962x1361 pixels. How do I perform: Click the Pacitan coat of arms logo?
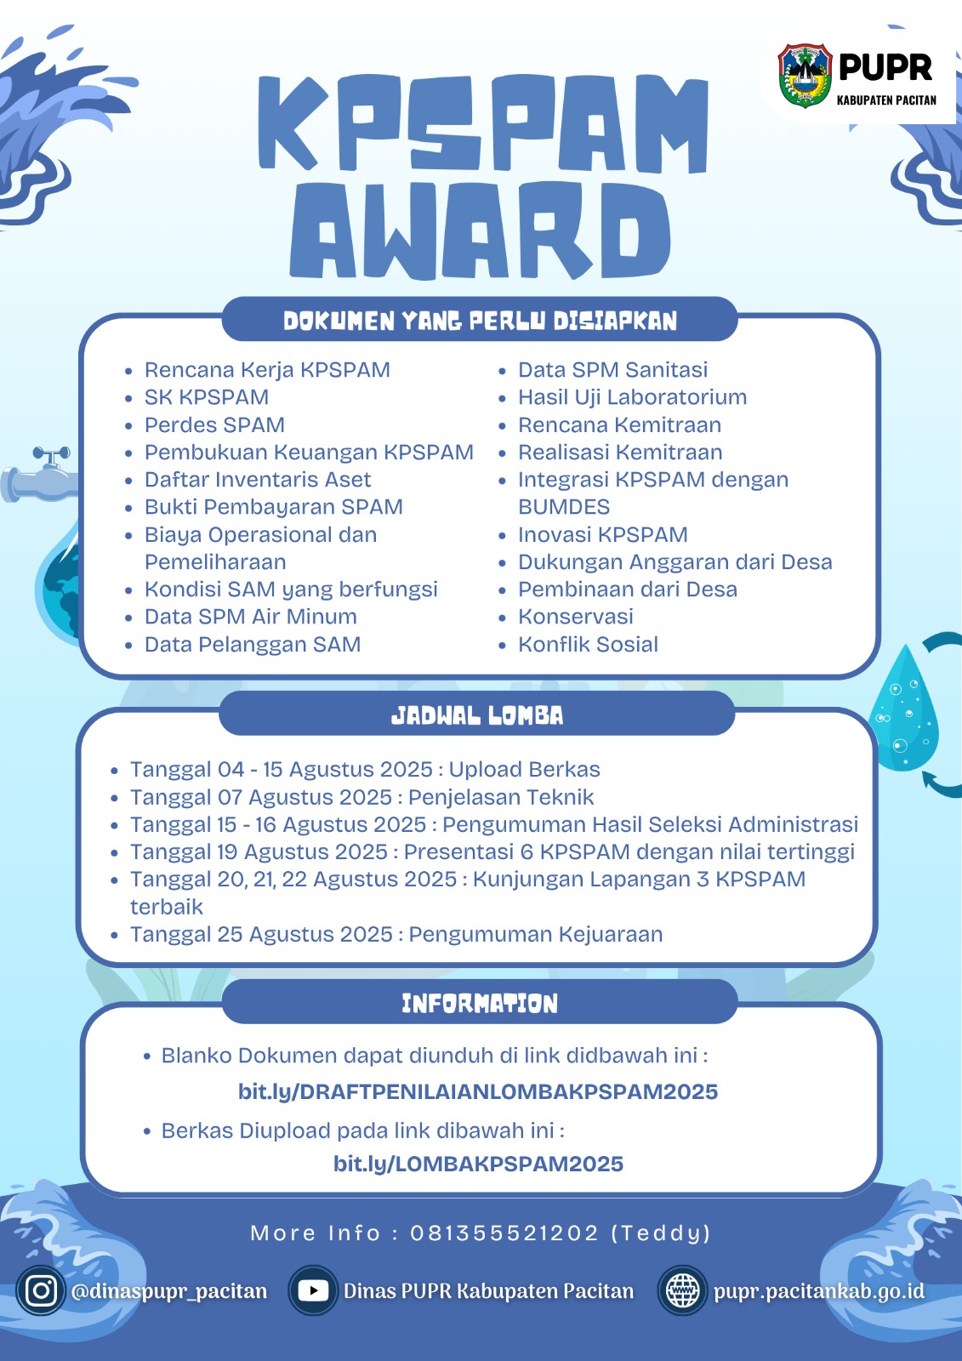805,76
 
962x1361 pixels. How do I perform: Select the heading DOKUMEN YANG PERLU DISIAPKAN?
480,320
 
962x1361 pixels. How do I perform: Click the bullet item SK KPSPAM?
207,396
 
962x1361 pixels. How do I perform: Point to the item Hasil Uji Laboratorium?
632,396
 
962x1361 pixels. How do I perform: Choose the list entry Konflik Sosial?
588,644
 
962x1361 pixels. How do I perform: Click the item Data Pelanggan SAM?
253,644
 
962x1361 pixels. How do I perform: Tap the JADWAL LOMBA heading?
477,715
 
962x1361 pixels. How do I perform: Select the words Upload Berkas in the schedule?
524,770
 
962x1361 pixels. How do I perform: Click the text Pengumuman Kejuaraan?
535,935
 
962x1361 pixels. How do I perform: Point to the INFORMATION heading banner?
480,1003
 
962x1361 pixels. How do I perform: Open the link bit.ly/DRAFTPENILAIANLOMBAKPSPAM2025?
478,1092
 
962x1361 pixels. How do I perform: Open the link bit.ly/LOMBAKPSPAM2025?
478,1164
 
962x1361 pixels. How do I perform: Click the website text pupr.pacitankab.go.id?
818,1290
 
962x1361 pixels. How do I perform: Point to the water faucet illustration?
39,475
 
